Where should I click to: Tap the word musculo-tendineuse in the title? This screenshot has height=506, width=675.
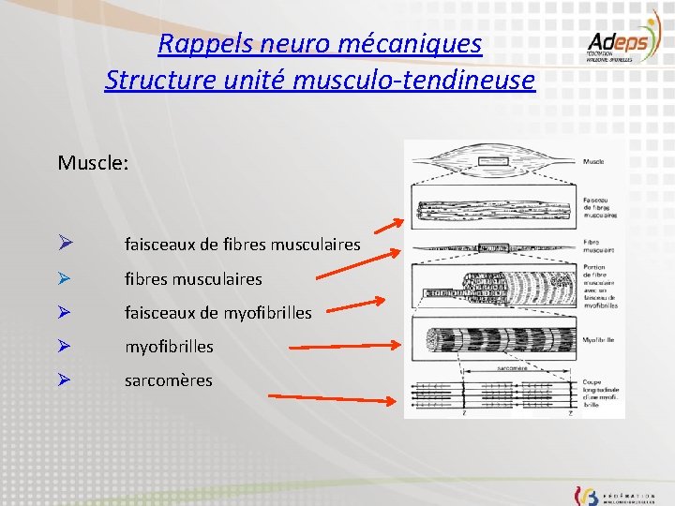click(413, 81)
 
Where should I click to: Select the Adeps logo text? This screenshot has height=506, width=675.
click(613, 43)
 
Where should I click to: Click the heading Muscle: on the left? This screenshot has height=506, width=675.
click(93, 163)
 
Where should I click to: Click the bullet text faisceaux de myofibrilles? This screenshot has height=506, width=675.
click(217, 313)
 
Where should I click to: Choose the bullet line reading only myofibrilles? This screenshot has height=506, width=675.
click(169, 347)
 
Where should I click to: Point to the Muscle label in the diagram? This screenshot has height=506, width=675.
click(593, 162)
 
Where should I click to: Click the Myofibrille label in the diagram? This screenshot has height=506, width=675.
click(599, 338)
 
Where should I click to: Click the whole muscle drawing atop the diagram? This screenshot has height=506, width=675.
click(491, 162)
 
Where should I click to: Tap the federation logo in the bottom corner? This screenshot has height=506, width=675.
click(614, 493)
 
